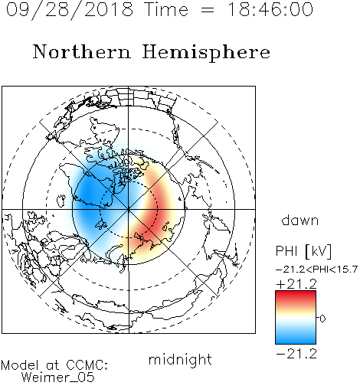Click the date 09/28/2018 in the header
point(70,10)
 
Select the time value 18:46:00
point(270,9)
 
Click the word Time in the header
point(166,9)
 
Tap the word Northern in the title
point(82,51)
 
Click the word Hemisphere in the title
point(206,53)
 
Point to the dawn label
point(300,220)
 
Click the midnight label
point(180,359)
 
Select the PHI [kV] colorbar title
point(303,251)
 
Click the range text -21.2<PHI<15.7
point(316,270)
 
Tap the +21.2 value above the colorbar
point(296,284)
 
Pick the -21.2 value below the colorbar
point(296,354)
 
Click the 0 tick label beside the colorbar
point(322,319)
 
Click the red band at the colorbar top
point(296,296)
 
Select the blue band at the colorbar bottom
point(296,338)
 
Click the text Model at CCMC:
point(54,365)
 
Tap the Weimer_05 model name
point(58,377)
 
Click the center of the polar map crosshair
point(129,210)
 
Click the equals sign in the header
point(208,10)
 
